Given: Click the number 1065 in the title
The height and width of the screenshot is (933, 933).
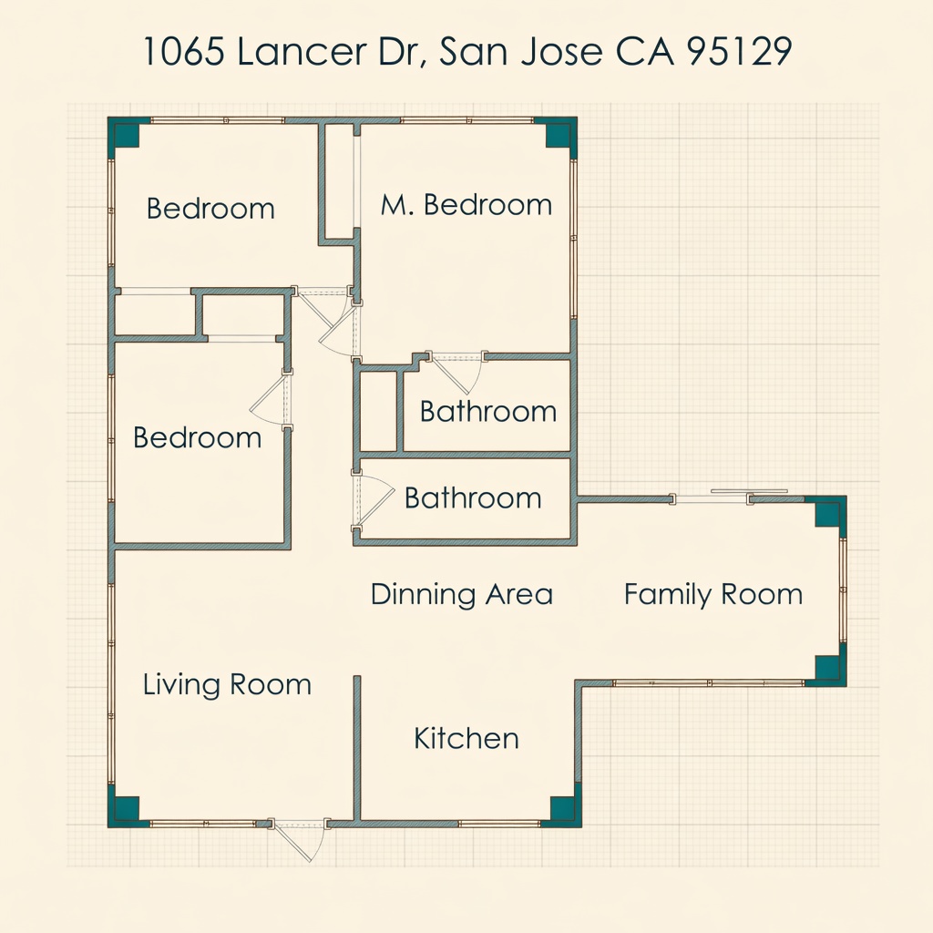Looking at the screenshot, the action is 183,51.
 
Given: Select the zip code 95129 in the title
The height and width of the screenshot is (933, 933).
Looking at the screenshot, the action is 739,51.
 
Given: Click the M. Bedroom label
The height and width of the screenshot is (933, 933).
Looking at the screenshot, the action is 466,205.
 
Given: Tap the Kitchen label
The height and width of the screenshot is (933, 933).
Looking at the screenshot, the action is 466,738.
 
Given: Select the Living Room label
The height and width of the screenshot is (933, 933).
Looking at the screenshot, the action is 227,685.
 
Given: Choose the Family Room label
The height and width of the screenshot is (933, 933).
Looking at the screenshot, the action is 713,594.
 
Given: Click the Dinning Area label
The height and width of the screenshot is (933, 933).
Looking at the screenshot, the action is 462,594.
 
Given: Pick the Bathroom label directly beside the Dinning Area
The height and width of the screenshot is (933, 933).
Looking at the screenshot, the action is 473,498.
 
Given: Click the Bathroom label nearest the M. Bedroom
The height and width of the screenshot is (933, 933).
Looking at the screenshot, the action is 488,412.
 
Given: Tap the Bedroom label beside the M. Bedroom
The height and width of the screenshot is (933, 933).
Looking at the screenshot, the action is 210,209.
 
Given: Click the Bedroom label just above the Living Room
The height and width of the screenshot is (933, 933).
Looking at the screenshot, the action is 197,438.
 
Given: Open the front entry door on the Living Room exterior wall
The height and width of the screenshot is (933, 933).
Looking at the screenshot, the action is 299,839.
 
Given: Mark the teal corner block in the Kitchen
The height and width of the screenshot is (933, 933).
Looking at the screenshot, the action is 562,809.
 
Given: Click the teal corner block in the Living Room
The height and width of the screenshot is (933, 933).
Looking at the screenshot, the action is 127,809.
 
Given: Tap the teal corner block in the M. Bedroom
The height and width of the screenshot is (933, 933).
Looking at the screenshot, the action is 559,135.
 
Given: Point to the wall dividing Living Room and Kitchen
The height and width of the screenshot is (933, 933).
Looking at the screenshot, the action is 357,748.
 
